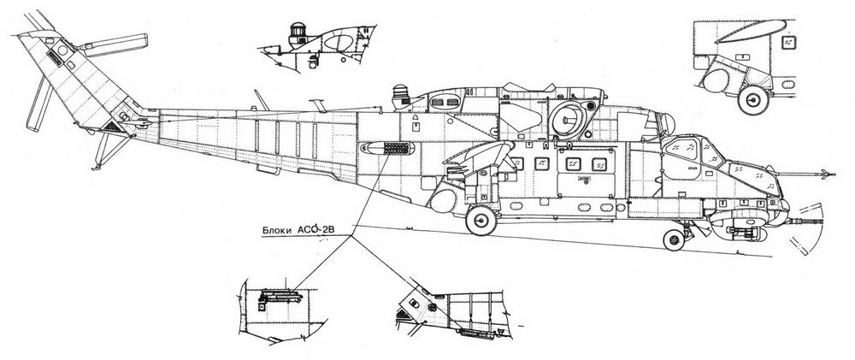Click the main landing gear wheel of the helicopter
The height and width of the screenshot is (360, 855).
tap(481, 221)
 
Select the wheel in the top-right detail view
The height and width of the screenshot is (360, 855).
tap(753, 100)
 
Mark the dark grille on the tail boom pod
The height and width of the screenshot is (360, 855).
tap(395, 149)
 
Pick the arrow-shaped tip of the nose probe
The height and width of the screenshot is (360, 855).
tap(823, 177)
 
